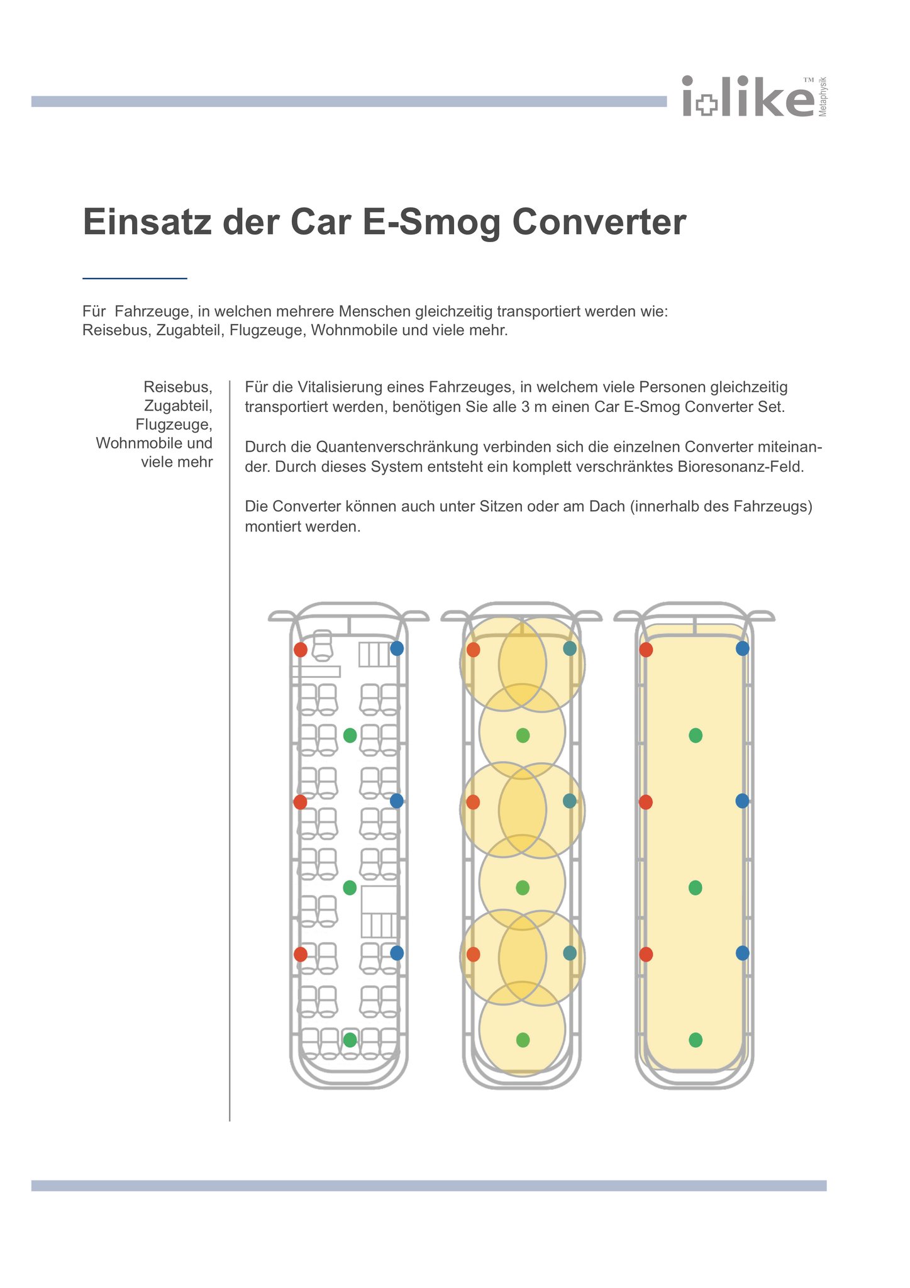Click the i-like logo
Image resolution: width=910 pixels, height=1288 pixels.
click(748, 97)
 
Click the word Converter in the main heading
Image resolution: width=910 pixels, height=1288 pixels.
click(599, 222)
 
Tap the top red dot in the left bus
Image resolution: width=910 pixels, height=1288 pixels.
click(301, 649)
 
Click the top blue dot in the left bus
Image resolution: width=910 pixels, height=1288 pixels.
click(397, 648)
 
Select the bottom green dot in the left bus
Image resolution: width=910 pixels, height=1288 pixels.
click(350, 1040)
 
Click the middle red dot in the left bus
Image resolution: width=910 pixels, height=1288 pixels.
click(301, 802)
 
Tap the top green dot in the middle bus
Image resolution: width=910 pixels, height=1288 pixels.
click(523, 735)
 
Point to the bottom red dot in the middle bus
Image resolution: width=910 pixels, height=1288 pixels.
click(474, 954)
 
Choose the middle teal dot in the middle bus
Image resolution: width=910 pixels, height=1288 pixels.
click(570, 801)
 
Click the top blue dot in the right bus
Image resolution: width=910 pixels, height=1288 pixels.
click(743, 648)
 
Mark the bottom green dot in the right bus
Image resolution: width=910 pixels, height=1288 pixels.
click(696, 1040)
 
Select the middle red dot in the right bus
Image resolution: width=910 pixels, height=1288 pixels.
click(646, 802)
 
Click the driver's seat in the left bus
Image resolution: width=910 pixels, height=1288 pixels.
click(322, 645)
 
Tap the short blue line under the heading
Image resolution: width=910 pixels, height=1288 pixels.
click(135, 278)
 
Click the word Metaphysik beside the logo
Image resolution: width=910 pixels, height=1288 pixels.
click(823, 97)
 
